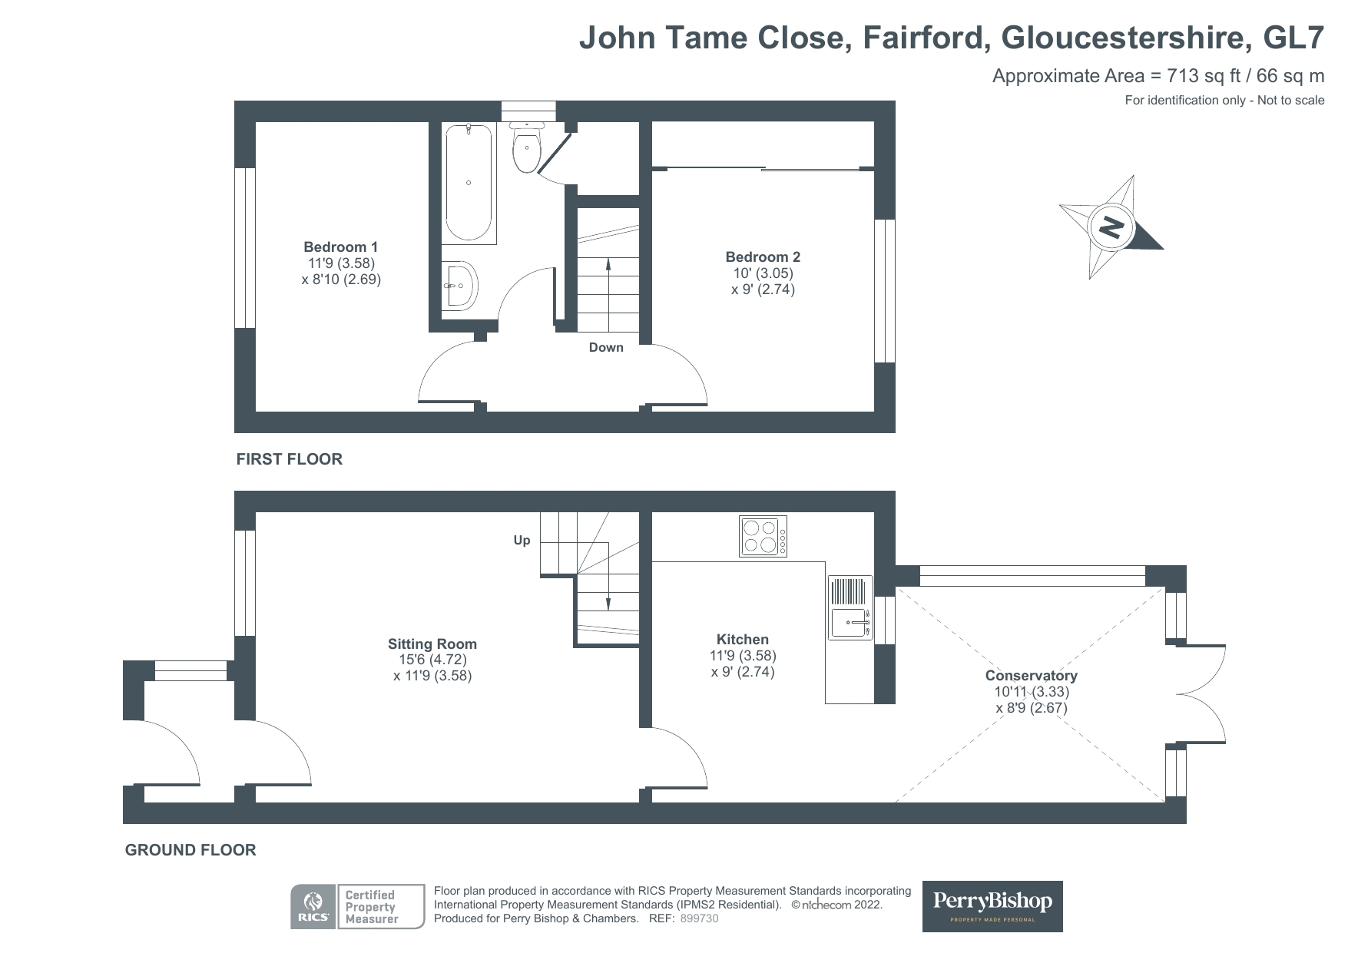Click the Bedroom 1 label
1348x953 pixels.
point(340,247)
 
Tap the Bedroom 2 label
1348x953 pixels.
point(763,257)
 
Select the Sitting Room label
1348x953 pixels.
point(432,644)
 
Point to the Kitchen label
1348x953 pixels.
point(742,640)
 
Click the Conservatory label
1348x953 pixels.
point(1031,676)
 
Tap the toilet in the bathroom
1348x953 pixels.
point(527,147)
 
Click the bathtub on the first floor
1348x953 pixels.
point(469,183)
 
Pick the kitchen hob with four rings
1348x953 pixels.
point(763,535)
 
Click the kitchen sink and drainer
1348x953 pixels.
point(850,607)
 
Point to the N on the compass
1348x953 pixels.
point(1111,227)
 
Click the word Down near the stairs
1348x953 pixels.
point(606,348)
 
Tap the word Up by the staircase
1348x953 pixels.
point(522,541)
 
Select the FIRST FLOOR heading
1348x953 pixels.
point(289,459)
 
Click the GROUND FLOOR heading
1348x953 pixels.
point(190,850)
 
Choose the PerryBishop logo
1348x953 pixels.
point(992,906)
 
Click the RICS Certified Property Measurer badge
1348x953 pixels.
point(357,907)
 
